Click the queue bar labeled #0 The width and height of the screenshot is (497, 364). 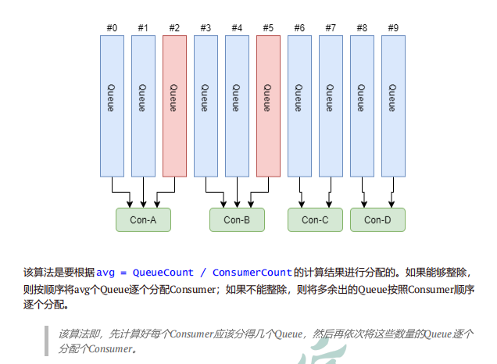(112, 105)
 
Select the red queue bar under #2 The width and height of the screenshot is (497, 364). (174, 105)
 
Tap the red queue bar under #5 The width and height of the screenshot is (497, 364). (268, 105)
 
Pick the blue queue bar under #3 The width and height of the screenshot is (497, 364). (206, 105)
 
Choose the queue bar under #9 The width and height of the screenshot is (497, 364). (393, 105)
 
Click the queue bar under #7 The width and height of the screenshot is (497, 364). (331, 105)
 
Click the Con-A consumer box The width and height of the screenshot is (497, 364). (143, 220)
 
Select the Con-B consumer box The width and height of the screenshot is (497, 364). (237, 220)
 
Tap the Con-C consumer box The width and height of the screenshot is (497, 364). (315, 220)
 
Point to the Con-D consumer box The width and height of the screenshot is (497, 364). (377, 220)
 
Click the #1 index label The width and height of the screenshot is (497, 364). (143, 28)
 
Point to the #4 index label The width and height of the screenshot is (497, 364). (237, 28)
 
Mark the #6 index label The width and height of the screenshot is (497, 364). (299, 28)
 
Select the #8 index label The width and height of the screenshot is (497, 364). (362, 28)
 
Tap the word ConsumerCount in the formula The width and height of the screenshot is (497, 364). (251, 273)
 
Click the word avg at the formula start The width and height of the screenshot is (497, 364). (105, 273)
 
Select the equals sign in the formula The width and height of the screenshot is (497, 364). (123, 273)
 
